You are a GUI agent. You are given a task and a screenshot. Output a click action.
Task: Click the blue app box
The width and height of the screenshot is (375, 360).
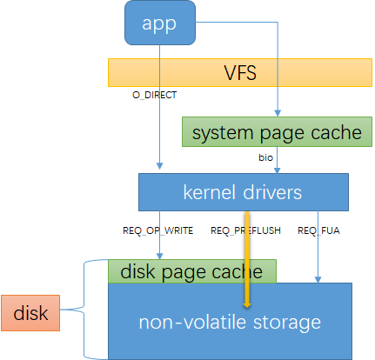[158, 23]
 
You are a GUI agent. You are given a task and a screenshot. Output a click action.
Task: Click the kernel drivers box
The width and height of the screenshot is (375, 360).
[243, 189]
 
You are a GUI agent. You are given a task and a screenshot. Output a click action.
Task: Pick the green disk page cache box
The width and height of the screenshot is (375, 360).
[191, 270]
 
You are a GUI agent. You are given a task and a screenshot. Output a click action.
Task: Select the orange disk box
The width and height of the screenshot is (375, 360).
[30, 312]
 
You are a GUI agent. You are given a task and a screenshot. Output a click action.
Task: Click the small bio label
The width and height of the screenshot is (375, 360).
[265, 157]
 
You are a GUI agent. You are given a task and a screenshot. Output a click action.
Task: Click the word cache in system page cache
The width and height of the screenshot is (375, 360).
[336, 132]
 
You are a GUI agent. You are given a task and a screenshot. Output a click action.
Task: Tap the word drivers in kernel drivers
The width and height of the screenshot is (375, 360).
[274, 189]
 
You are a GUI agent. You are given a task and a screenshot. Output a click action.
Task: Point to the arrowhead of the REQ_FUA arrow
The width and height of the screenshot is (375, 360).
[318, 278]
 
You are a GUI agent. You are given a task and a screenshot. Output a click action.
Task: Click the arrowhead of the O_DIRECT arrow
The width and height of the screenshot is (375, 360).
[159, 168]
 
